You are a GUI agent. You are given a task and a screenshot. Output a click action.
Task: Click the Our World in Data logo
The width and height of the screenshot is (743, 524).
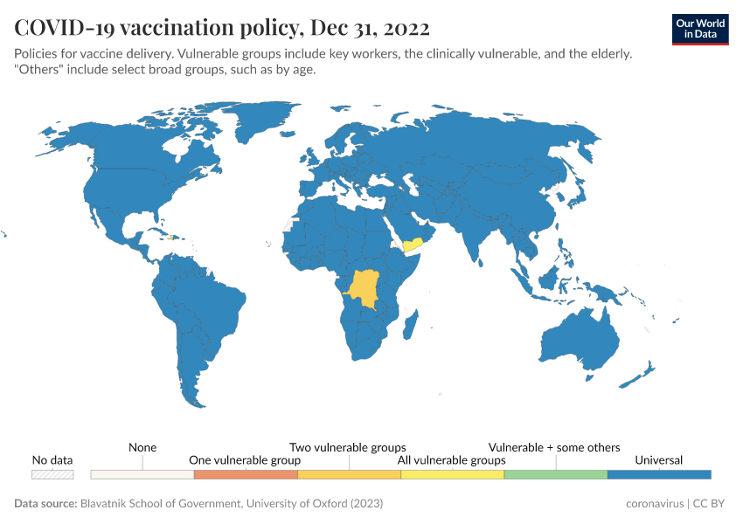pos(699,29)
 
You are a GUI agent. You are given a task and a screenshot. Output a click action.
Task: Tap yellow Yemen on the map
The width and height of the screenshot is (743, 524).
pos(412,242)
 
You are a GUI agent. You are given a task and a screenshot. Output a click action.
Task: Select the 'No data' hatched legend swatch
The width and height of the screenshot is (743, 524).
pos(52,474)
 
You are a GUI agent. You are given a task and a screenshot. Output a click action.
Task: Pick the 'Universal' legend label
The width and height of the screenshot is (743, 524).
pos(658,460)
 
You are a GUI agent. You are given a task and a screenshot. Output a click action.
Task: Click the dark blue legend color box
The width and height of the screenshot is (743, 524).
pos(658,474)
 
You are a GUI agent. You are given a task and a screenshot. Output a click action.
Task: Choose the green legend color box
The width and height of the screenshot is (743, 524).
pos(555,474)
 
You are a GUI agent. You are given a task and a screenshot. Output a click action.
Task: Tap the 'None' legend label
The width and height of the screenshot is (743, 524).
pos(142,447)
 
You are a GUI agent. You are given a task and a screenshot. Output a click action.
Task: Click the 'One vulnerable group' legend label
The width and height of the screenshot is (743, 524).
pos(245,460)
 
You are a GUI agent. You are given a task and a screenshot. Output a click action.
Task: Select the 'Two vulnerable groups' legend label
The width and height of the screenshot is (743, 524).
pos(348,447)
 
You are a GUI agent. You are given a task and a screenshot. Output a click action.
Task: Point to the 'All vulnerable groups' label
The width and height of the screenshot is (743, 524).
pos(451,460)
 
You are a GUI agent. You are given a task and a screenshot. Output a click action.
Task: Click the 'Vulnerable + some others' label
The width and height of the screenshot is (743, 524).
pos(554,447)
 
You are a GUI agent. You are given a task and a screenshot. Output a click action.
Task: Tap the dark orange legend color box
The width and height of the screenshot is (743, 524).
pos(245,474)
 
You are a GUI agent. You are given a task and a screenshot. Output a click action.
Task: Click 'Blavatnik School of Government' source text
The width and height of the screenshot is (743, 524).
pos(157,504)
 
